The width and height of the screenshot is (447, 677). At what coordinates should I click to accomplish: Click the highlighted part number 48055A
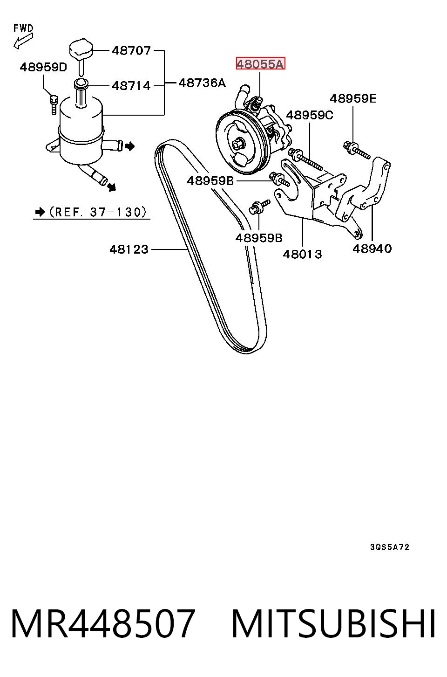(x=260, y=64)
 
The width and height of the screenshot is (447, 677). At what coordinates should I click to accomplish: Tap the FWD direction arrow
(x=23, y=41)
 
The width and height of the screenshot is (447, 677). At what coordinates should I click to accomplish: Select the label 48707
(x=131, y=50)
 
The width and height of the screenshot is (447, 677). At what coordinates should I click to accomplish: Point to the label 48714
(x=131, y=86)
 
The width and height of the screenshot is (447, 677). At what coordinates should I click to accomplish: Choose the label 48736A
(x=202, y=83)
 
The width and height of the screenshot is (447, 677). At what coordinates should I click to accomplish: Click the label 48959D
(x=43, y=67)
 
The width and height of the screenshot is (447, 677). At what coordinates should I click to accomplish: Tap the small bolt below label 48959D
(x=54, y=104)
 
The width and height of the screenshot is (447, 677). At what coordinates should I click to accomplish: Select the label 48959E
(x=353, y=98)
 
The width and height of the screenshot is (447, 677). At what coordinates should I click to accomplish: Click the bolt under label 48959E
(x=357, y=150)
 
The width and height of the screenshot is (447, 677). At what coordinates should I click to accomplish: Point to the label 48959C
(x=309, y=115)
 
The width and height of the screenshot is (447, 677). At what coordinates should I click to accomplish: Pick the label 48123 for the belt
(x=129, y=249)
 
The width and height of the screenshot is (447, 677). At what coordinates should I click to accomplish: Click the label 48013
(x=303, y=254)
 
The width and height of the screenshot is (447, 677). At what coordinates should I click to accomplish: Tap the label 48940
(x=372, y=249)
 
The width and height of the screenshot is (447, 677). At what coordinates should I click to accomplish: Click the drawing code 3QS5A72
(x=390, y=547)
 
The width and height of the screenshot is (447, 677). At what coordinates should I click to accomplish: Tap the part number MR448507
(x=102, y=623)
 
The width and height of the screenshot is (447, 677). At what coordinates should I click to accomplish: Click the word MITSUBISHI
(x=333, y=623)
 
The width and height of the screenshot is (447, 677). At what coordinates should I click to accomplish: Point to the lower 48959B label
(x=259, y=238)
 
